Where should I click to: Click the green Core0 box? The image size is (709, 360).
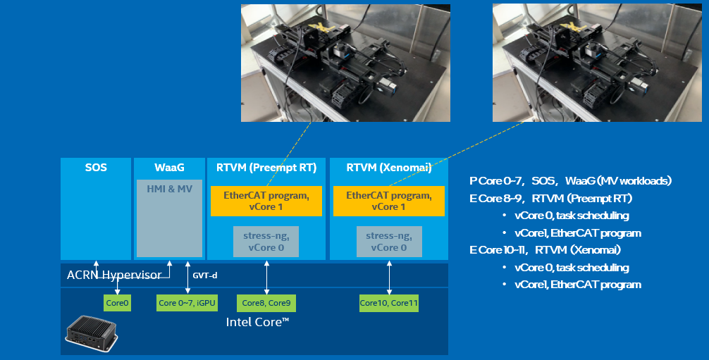pos(117,303)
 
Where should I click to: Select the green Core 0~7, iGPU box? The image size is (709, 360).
pos(187,303)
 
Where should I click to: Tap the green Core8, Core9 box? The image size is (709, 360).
pos(266,303)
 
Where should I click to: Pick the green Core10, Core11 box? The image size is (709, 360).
pos(389,303)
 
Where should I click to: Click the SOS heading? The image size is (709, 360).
pos(96,168)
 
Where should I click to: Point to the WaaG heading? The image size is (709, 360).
pos(169,168)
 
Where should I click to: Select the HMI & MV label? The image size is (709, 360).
pos(169,189)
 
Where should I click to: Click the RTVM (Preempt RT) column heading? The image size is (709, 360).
pos(266,168)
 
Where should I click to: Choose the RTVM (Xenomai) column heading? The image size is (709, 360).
pos(389,168)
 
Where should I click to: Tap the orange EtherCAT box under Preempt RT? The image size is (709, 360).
pos(266,201)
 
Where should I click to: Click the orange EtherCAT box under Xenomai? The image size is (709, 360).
pos(389,201)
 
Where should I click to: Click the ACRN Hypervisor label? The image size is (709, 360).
pos(113,274)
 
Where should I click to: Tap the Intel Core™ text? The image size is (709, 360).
pos(258,322)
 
